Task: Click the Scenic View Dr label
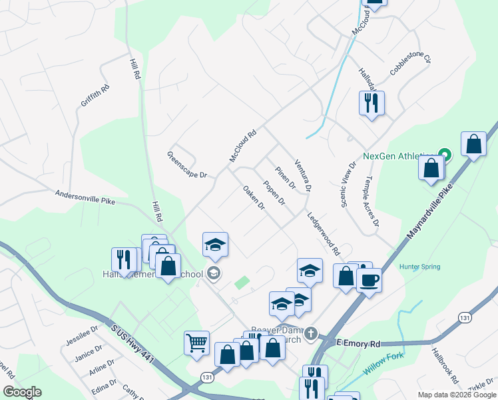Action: point(349,184)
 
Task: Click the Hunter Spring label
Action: point(419,267)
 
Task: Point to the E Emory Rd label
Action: point(358,343)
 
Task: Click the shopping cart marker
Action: point(197,343)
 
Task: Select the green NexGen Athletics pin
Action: point(445,155)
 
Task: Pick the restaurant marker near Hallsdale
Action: point(372,103)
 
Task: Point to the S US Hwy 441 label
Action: point(133,345)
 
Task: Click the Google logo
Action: point(23,392)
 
